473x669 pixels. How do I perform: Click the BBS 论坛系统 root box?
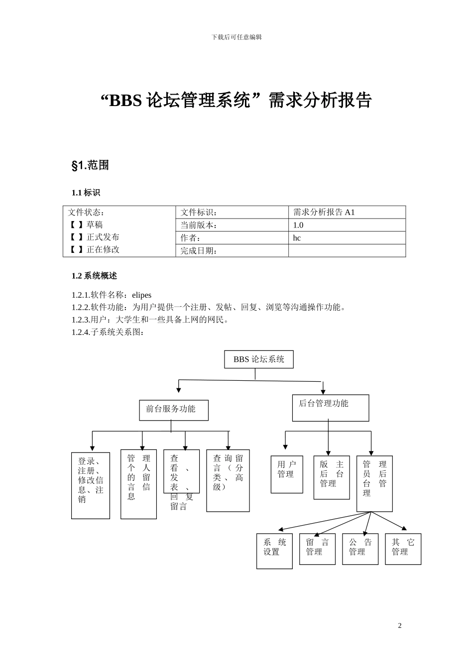click(x=259, y=359)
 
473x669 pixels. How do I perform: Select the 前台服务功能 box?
click(x=173, y=410)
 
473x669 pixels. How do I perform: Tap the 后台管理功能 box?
click(x=330, y=408)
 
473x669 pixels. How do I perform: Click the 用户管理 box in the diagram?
click(x=287, y=474)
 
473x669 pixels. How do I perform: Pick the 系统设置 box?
click(x=274, y=551)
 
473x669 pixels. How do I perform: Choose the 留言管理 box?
click(x=317, y=549)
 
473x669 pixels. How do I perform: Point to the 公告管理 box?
click(x=360, y=549)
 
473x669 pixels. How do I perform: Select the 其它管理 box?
click(x=403, y=549)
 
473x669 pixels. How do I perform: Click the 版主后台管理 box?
click(x=332, y=477)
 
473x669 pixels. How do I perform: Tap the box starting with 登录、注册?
click(x=91, y=485)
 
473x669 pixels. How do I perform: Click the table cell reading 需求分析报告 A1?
click(x=324, y=212)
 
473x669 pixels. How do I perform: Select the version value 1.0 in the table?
click(x=298, y=225)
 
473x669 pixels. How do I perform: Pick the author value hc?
click(x=297, y=238)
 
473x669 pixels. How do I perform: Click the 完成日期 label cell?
click(x=199, y=251)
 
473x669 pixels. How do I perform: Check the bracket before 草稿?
click(x=76, y=224)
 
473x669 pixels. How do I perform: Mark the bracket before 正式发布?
click(x=76, y=237)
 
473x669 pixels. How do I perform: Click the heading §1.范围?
click(x=90, y=166)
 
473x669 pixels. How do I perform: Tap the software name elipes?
click(x=142, y=295)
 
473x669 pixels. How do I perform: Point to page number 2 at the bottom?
click(x=399, y=626)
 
